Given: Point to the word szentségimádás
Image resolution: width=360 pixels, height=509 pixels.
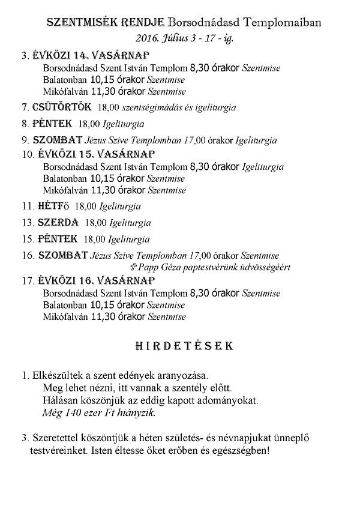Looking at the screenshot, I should coord(149,108).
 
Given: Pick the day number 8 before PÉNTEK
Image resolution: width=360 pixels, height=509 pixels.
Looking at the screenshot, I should coord(25,125).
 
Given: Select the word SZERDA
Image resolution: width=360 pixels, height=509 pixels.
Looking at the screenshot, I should coord(58,223).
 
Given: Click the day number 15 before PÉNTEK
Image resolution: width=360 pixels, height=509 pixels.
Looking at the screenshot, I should coord(27,239).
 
